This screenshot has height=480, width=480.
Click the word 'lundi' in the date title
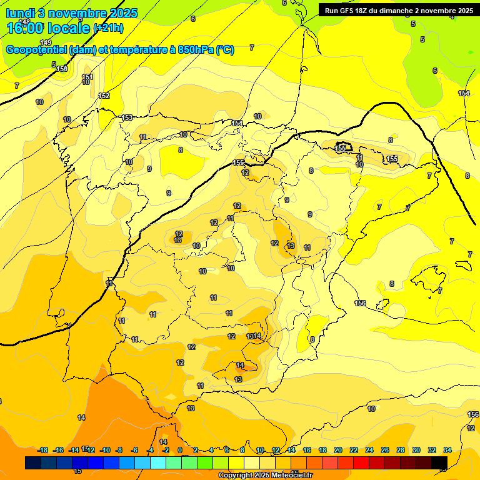click(x=20, y=13)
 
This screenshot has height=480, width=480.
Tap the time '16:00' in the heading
click(x=27, y=27)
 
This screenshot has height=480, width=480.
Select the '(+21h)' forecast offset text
click(x=108, y=27)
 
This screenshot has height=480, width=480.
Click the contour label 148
click(x=24, y=21)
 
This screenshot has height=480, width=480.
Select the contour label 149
click(x=46, y=42)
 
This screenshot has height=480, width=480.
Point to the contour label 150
click(x=62, y=69)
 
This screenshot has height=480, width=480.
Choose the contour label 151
click(x=88, y=77)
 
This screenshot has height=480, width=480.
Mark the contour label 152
click(x=104, y=96)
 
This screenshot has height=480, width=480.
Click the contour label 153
click(x=127, y=117)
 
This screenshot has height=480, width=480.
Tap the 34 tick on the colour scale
click(x=447, y=450)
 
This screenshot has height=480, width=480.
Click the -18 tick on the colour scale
click(x=43, y=450)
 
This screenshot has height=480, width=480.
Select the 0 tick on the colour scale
click(x=180, y=450)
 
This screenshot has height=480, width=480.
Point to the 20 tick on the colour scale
click(x=338, y=450)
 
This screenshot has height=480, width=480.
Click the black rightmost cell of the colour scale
click(x=439, y=462)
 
